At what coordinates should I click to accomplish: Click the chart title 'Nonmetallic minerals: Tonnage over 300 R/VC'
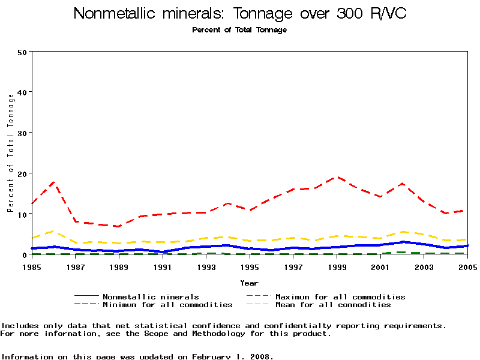click(240, 14)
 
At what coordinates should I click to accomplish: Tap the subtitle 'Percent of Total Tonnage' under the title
click(239, 30)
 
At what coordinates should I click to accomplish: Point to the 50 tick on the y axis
click(23, 52)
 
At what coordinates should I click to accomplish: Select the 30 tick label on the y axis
click(23, 133)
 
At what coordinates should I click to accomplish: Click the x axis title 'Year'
click(249, 283)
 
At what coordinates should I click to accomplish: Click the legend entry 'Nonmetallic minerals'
click(151, 296)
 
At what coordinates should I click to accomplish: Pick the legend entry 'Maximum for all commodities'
click(340, 296)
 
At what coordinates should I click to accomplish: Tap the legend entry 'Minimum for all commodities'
click(167, 305)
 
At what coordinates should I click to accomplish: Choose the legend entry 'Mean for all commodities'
click(333, 305)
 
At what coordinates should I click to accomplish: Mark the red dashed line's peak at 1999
click(338, 177)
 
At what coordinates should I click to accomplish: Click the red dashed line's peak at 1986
click(54, 181)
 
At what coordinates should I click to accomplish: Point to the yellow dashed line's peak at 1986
click(54, 231)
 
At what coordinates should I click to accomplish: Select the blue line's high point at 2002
click(403, 242)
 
